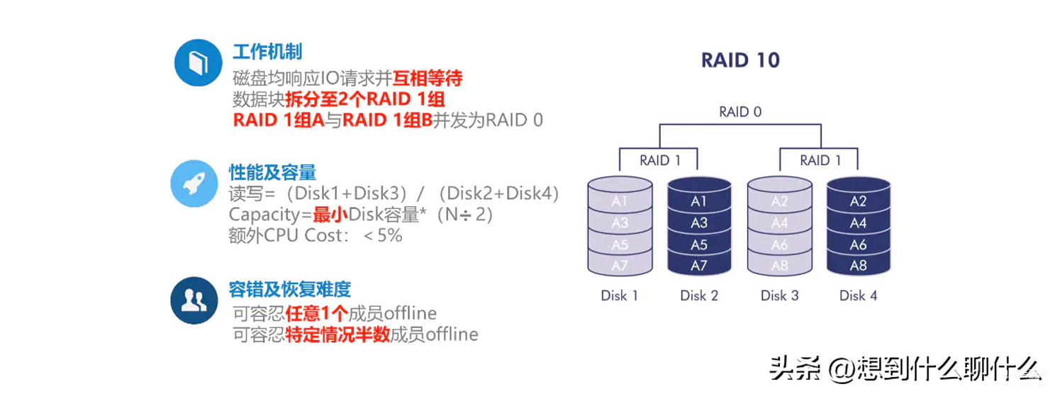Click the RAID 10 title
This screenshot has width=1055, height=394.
pos(740,60)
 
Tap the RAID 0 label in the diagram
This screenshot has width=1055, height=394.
pos(740,111)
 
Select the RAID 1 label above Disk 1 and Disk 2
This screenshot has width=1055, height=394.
pos(660,161)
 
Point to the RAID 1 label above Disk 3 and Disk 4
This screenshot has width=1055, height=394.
pos(820,161)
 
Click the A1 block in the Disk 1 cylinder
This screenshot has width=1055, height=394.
pos(620,201)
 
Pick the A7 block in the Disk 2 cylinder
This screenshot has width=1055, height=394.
pos(699,266)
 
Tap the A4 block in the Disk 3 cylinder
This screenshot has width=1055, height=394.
pos(779,223)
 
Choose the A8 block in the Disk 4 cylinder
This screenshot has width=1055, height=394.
pos(858,266)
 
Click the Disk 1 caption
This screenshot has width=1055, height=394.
pos(620,295)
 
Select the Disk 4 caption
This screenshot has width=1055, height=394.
pos(858,295)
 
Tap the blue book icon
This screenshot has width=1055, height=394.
pos(199,62)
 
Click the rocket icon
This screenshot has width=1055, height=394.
pos(194,184)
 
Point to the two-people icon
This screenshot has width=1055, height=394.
pos(194,300)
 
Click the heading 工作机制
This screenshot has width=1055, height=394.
pos(267,52)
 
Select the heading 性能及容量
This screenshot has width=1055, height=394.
pos(272,172)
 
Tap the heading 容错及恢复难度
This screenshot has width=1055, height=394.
pos(290,289)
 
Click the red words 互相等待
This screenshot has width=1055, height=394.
pos(428,78)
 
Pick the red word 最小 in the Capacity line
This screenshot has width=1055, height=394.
pos(330,215)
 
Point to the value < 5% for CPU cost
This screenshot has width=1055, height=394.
pos(384,235)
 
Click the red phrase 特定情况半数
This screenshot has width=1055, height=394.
pos(337,334)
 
